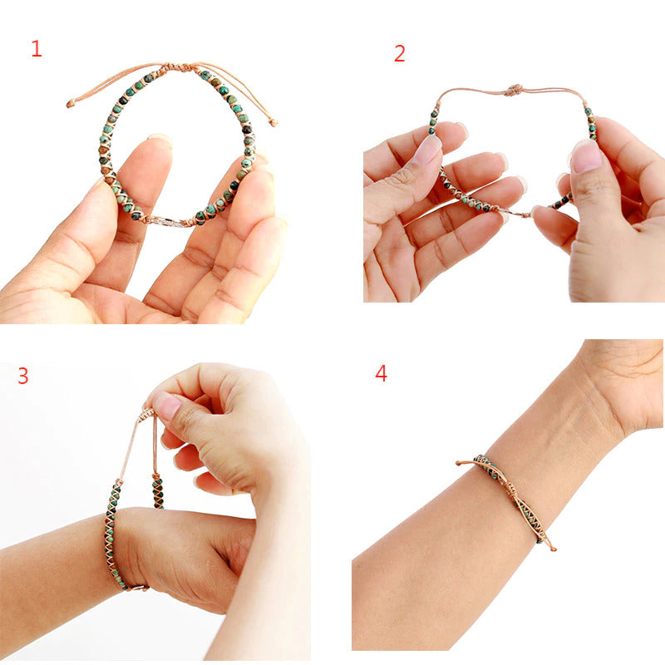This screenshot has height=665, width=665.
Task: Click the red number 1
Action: point(36,48)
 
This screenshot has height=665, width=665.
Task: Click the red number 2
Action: point(400,54)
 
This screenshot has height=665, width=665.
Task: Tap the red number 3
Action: point(23,376)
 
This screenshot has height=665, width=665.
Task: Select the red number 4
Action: point(381,373)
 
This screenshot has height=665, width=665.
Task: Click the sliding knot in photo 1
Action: point(176,66)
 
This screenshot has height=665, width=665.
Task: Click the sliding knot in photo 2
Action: point(515,89)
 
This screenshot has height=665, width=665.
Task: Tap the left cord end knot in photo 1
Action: point(71,104)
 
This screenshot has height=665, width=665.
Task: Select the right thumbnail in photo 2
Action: point(586,155)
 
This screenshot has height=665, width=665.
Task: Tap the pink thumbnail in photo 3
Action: point(167,406)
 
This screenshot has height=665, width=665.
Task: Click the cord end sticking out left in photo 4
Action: point(461,462)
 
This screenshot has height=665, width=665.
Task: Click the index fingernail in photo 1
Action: point(159,141)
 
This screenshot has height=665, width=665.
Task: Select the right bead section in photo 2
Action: point(590,122)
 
